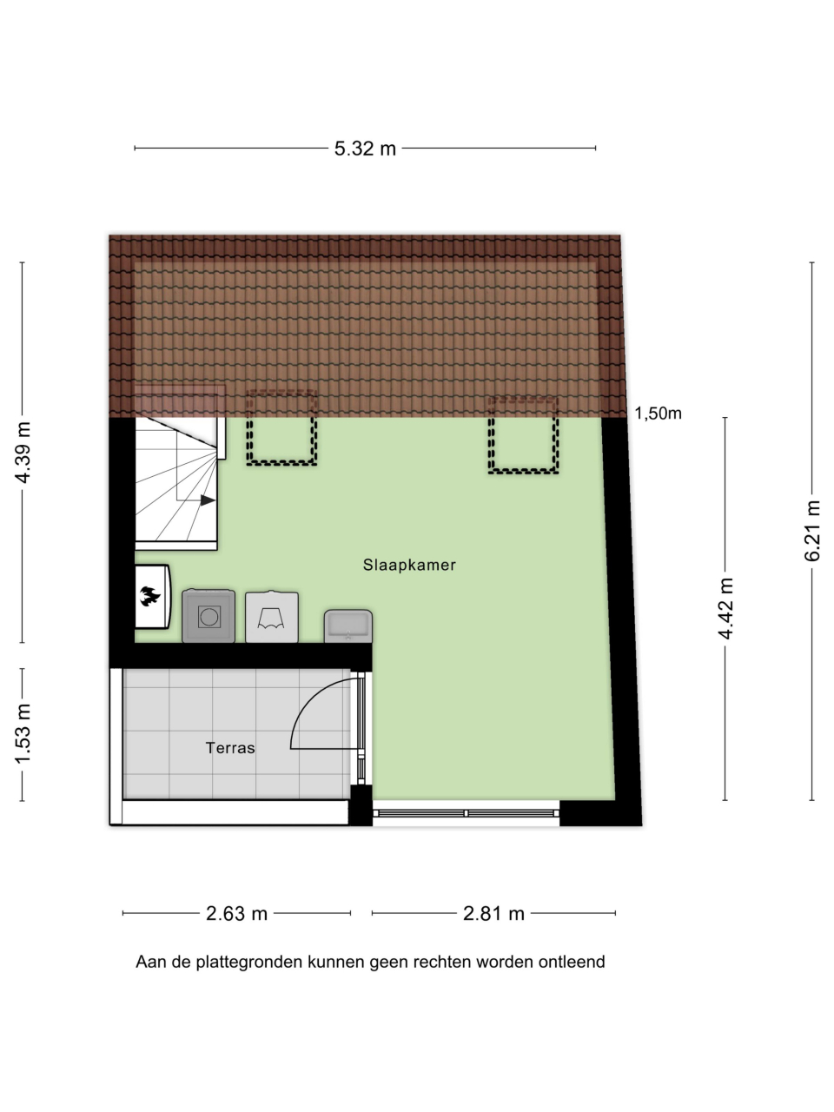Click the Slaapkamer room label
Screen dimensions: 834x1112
click(409, 565)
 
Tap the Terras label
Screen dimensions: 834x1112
click(230, 748)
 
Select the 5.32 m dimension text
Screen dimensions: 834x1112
click(365, 149)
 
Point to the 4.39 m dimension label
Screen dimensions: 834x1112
click(23, 452)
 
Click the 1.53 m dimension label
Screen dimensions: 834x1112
click(23, 734)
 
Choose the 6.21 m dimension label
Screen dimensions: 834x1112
click(811, 531)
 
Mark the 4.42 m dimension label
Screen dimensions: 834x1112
click(725, 608)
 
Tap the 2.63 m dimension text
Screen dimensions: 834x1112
click(236, 913)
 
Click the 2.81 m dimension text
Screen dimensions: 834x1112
click(493, 913)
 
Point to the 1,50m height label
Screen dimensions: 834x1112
click(658, 414)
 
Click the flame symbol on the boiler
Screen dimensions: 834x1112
click(150, 596)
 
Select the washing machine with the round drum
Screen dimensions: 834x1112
click(208, 616)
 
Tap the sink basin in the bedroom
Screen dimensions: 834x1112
click(348, 626)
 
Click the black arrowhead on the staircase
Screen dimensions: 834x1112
click(208, 500)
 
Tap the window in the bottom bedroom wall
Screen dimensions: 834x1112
click(466, 813)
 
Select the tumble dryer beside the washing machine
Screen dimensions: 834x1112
click(272, 617)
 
